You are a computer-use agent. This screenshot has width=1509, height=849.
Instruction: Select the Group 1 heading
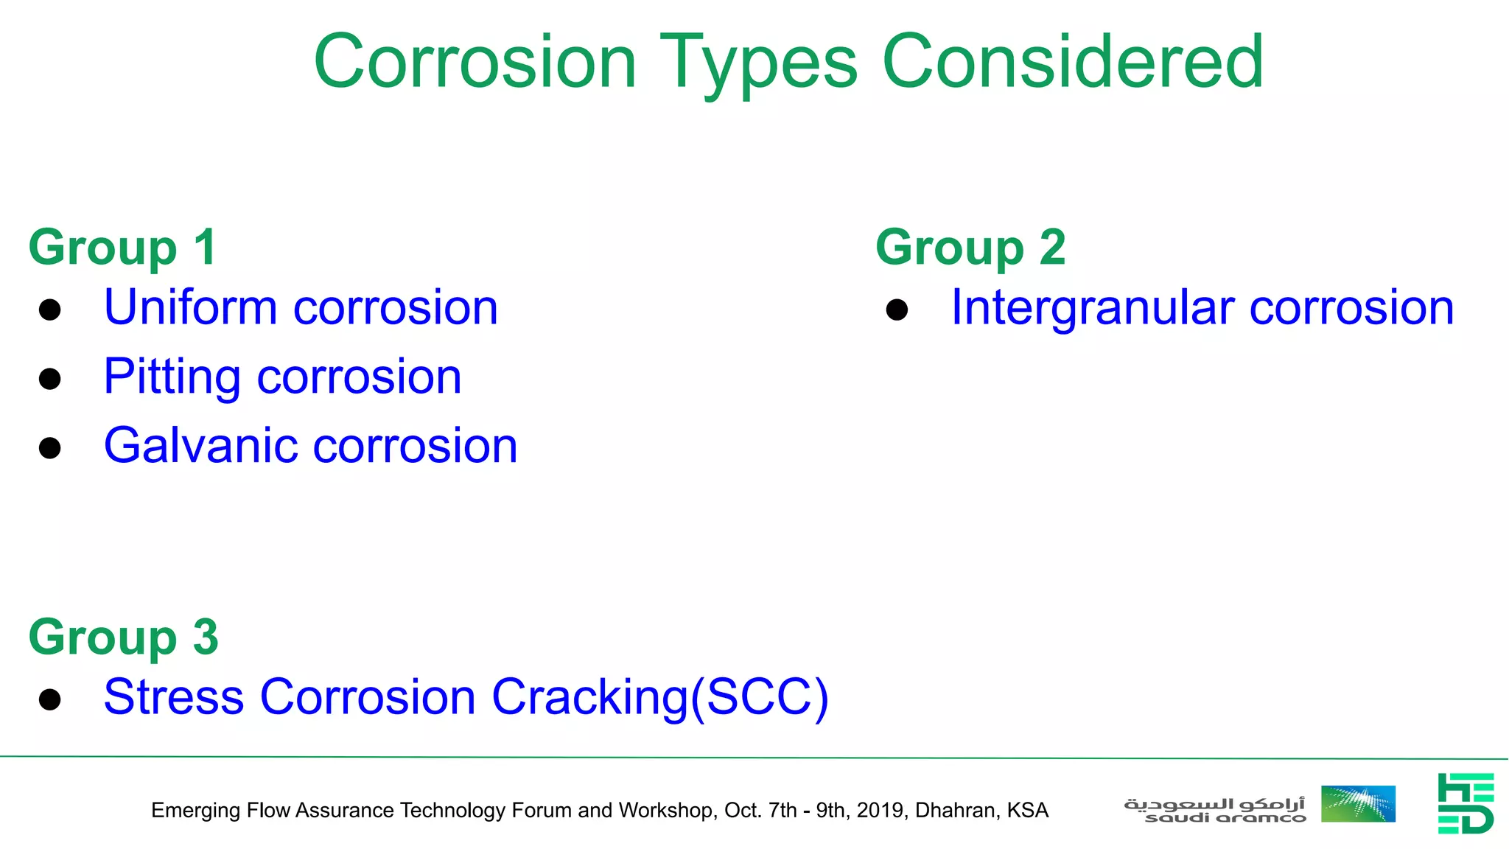pos(122,248)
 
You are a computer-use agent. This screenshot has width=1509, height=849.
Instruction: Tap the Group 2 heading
pos(970,248)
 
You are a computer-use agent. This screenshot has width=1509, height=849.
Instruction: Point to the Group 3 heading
pos(123,637)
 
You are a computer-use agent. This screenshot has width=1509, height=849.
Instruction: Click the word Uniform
pos(190,307)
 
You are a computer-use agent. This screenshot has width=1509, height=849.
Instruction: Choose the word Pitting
pos(172,377)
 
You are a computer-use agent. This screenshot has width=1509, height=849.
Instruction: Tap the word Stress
pos(174,697)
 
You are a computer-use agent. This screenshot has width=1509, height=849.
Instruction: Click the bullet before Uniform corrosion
pos(50,310)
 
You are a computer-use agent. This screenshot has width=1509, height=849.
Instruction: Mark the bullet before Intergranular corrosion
pos(897,310)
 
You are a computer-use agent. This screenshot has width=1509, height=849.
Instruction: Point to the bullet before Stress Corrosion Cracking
pos(50,699)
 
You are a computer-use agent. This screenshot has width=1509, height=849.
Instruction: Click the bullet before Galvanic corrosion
pos(50,447)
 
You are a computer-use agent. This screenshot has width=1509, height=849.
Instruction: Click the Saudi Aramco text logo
pos(1214,809)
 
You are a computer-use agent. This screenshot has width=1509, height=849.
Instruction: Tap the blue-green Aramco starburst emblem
pos(1358,803)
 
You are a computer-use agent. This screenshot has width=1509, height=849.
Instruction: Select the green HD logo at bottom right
pos(1466,803)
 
